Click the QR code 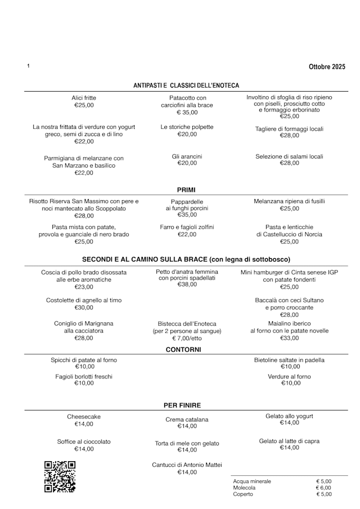(x=60, y=476)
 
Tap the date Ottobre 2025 (x=327, y=67)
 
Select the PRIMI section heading (x=186, y=190)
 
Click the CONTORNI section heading (x=183, y=350)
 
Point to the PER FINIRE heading (x=182, y=405)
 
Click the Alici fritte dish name (x=84, y=98)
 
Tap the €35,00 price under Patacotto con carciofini (x=187, y=112)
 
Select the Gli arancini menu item (x=187, y=156)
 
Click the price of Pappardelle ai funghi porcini (x=187, y=215)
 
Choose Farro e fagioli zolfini (x=187, y=227)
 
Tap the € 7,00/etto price (x=187, y=339)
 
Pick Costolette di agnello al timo (x=84, y=300)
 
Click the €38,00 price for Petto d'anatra (x=187, y=285)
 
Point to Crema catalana (x=187, y=420)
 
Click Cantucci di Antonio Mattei (x=187, y=465)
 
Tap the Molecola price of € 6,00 (x=323, y=488)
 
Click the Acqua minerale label (x=252, y=481)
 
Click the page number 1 (x=28, y=66)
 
